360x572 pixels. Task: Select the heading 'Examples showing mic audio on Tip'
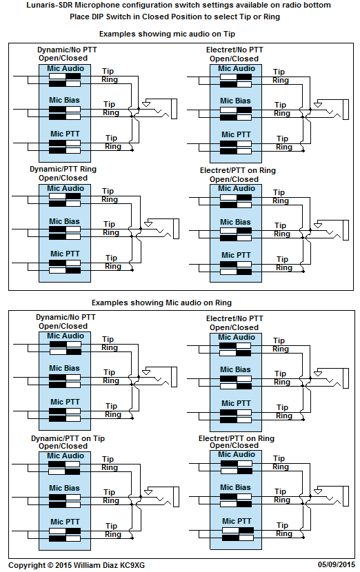[167, 34]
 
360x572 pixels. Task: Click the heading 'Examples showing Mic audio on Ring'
[161, 303]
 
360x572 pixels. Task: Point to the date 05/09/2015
[337, 564]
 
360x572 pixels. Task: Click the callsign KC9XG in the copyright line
[132, 565]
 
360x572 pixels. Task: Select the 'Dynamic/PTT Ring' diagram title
[63, 170]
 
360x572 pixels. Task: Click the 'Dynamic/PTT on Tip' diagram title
[68, 438]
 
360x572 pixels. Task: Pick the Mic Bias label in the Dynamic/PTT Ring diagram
[64, 221]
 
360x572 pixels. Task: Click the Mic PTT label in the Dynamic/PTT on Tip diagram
[65, 522]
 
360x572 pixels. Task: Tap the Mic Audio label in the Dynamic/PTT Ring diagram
[66, 189]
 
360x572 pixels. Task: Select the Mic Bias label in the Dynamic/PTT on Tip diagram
[64, 488]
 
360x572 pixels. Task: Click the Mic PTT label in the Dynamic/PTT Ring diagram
[65, 254]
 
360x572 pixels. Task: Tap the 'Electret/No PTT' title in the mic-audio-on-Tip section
[234, 50]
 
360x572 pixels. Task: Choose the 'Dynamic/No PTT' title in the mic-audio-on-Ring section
[66, 318]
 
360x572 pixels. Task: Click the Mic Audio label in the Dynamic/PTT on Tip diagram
[66, 456]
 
